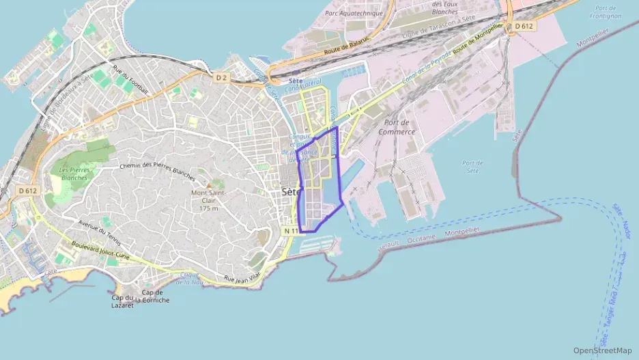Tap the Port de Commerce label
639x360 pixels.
click(x=397, y=127)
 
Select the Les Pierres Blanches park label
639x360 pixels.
click(x=73, y=174)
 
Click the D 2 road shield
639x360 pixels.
click(x=221, y=78)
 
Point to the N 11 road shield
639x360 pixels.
click(x=291, y=231)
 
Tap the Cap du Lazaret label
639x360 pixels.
click(x=123, y=301)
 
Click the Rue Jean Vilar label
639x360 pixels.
click(x=242, y=277)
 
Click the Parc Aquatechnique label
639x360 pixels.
click(x=354, y=13)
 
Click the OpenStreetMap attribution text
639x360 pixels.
click(x=602, y=350)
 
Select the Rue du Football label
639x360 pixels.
click(x=130, y=83)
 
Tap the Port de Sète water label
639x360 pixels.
click(x=472, y=167)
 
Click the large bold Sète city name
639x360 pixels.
click(x=292, y=193)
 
